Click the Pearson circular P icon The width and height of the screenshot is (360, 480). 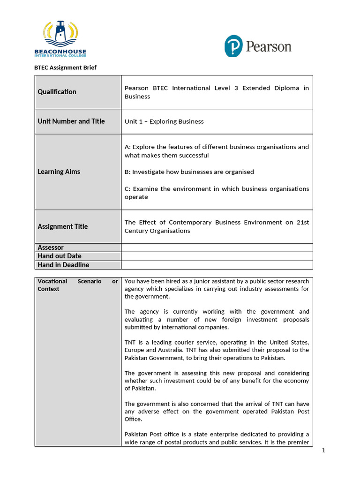233,46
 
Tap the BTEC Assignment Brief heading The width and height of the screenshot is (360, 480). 65,67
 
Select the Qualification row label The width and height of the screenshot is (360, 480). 57,92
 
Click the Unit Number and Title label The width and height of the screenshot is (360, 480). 71,121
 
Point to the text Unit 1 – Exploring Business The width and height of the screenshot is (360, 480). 164,121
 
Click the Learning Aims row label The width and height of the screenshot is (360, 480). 59,172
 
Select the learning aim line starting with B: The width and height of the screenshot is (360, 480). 189,172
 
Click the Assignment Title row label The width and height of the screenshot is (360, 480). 62,226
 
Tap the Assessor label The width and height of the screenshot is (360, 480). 50,247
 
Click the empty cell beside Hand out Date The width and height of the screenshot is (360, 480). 217,256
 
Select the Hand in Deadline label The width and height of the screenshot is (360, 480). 63,265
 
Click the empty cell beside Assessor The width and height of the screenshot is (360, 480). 217,247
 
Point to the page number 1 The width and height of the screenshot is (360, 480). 323,451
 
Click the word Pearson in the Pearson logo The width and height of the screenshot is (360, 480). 269,47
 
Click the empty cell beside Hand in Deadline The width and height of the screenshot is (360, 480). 217,265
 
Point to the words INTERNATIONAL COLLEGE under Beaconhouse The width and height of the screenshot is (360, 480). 60,55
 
